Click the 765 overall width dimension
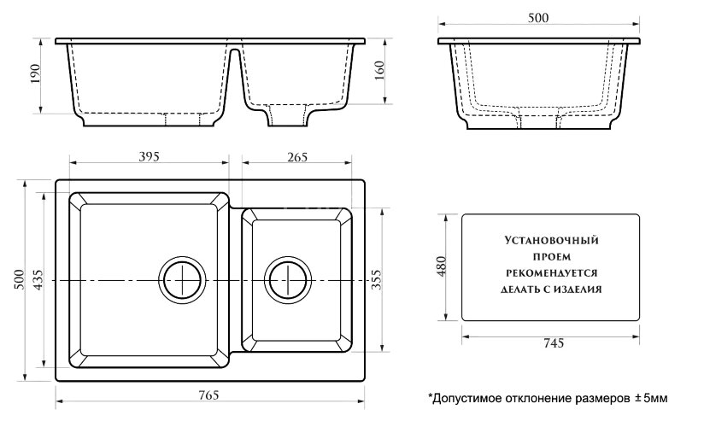(x=209, y=395)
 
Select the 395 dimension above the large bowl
(x=150, y=155)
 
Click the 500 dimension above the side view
(x=537, y=18)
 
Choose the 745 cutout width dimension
(x=551, y=343)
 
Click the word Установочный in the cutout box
(x=550, y=242)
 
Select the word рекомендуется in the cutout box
(x=550, y=272)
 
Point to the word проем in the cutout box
(x=550, y=257)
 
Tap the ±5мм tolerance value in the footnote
(x=650, y=399)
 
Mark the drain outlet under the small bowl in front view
(x=286, y=116)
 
